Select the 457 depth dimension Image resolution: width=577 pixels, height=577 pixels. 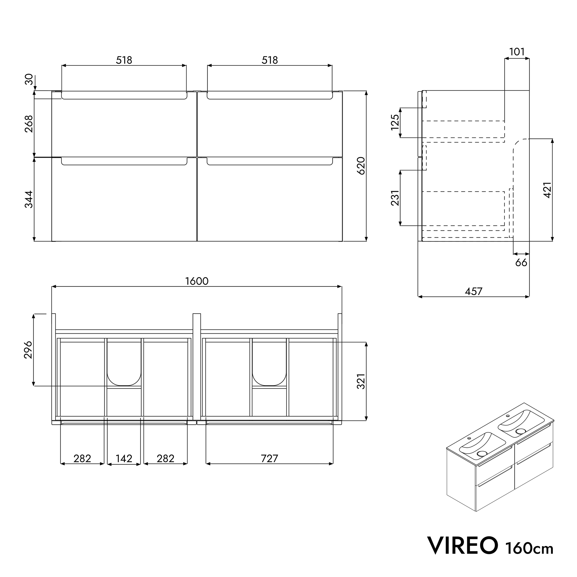pyautogui.click(x=473, y=291)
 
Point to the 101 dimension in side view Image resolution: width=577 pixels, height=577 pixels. pyautogui.click(x=517, y=52)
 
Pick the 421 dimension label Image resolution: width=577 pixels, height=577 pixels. pyautogui.click(x=547, y=190)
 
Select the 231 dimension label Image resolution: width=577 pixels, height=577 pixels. pyautogui.click(x=395, y=198)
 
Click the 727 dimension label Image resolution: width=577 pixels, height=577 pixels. pyautogui.click(x=269, y=458)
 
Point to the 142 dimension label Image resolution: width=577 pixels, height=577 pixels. pyautogui.click(x=124, y=458)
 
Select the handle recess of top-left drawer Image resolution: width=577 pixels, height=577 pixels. pyautogui.click(x=124, y=96)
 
